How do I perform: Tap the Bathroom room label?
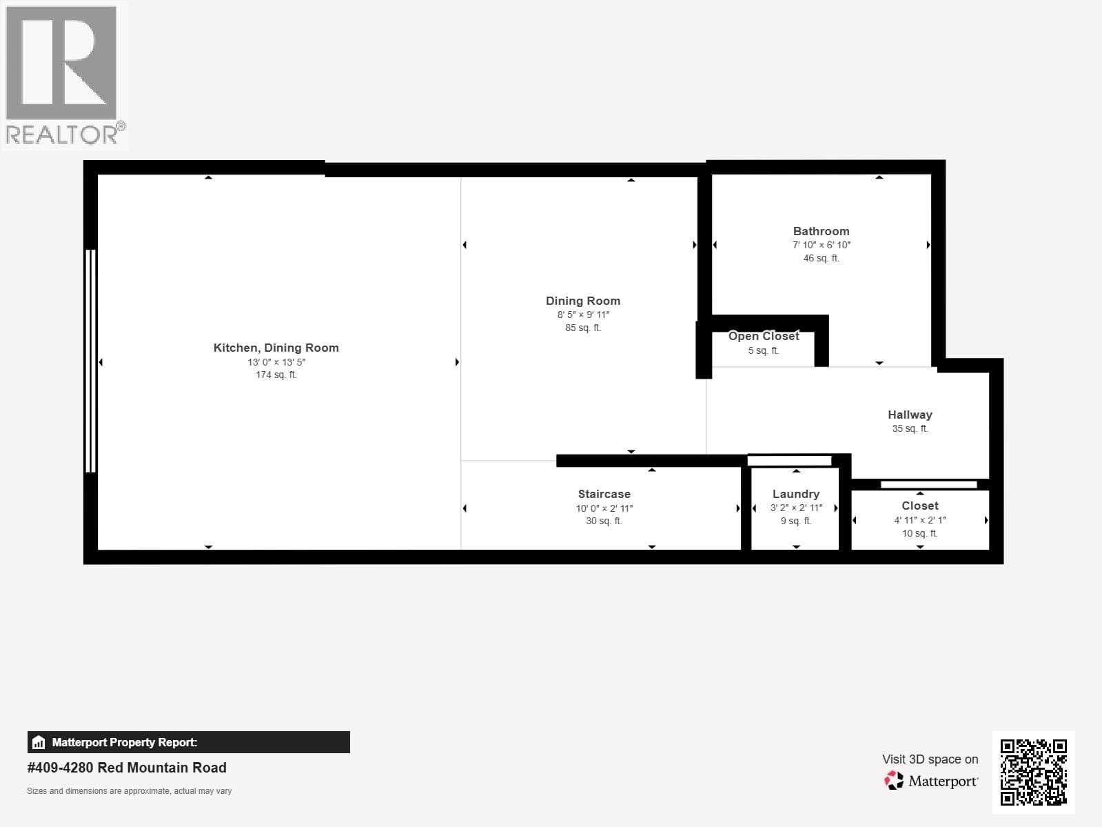click(x=821, y=231)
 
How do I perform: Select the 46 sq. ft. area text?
click(x=821, y=258)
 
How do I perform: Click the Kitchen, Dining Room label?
click(x=276, y=348)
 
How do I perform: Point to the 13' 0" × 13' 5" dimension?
click(x=276, y=361)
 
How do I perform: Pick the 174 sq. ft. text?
click(x=276, y=375)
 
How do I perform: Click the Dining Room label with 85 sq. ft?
click(x=583, y=301)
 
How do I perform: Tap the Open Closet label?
click(x=764, y=336)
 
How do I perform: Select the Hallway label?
click(x=910, y=415)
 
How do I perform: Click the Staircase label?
click(x=604, y=494)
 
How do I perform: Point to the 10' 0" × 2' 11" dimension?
click(x=604, y=508)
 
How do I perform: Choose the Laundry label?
click(x=795, y=494)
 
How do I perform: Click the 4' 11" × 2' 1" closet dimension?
click(x=919, y=520)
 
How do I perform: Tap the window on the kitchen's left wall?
click(x=90, y=361)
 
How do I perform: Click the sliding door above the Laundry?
click(x=789, y=461)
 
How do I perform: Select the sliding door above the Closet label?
click(x=928, y=484)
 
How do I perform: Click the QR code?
click(x=1033, y=772)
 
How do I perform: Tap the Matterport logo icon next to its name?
click(x=894, y=781)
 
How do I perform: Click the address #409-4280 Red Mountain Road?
click(x=127, y=768)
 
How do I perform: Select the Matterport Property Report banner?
click(x=188, y=742)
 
